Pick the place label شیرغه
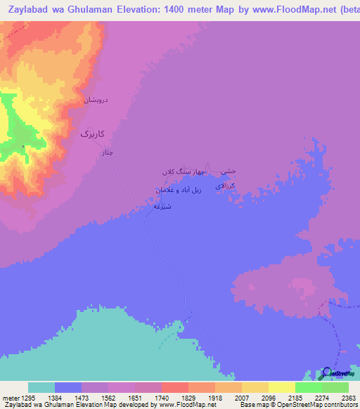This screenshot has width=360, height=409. click(x=162, y=207)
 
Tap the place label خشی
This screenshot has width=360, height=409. click(x=229, y=171)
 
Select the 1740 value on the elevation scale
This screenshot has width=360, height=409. click(x=162, y=398)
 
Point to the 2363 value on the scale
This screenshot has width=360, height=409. click(x=349, y=398)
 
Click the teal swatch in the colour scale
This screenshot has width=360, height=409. click(x=41, y=387)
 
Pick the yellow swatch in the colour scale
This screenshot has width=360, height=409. click(x=282, y=387)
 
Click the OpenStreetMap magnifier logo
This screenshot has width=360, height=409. click(x=326, y=373)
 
